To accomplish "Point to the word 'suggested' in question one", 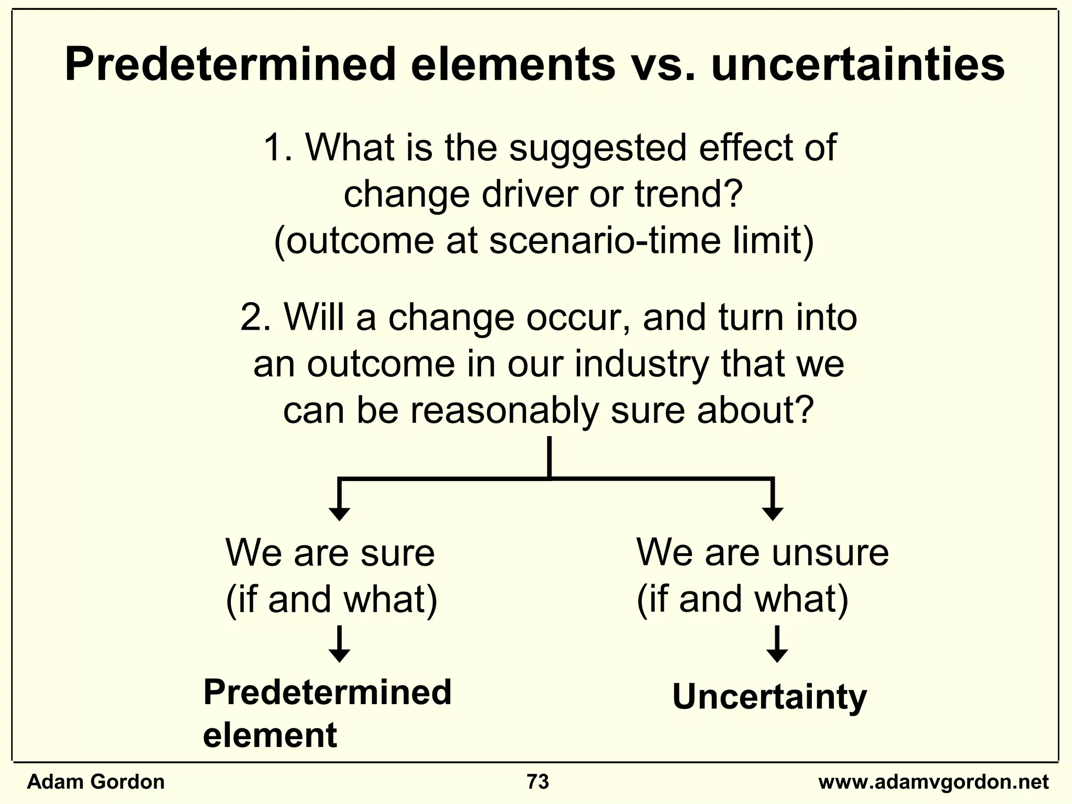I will pos(597,149).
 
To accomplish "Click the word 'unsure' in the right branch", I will pos(830,553).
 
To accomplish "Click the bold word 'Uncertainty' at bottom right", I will pos(769,697).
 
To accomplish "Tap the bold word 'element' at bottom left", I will pos(270,735).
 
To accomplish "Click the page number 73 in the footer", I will pos(538,782).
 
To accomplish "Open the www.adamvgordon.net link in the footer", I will pos(933,782).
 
